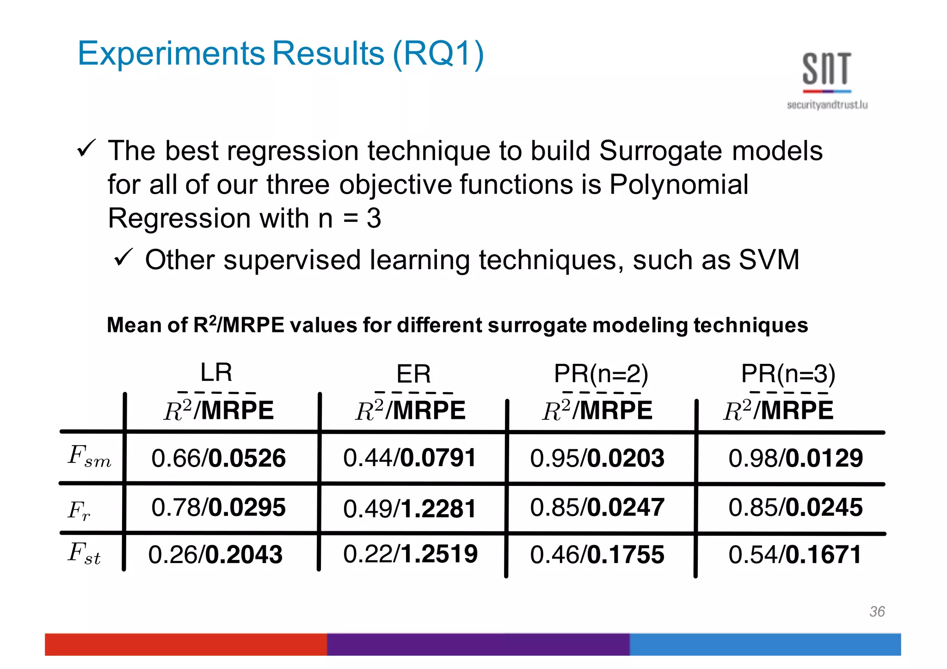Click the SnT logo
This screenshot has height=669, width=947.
click(x=827, y=79)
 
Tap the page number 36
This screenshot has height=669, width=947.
click(x=877, y=611)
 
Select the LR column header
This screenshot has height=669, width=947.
click(x=216, y=372)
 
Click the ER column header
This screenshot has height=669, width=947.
click(x=413, y=374)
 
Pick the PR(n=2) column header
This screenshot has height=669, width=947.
click(x=601, y=374)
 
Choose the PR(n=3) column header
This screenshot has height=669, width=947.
click(x=788, y=374)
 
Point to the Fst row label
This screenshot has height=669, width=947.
click(x=84, y=553)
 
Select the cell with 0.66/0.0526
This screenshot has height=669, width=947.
click(x=218, y=458)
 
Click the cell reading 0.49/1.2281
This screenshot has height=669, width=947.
click(x=410, y=509)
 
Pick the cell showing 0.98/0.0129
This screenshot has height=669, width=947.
click(x=795, y=458)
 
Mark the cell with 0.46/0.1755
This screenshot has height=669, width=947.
click(x=597, y=554)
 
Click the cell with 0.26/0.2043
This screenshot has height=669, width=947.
click(x=215, y=554)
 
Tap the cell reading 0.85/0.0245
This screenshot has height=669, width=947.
click(x=795, y=507)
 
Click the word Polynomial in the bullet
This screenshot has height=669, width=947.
click(x=679, y=184)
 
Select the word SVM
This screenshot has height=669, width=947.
click(x=769, y=259)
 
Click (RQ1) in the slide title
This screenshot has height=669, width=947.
click(x=438, y=54)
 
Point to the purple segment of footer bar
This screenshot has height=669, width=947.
click(x=478, y=644)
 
